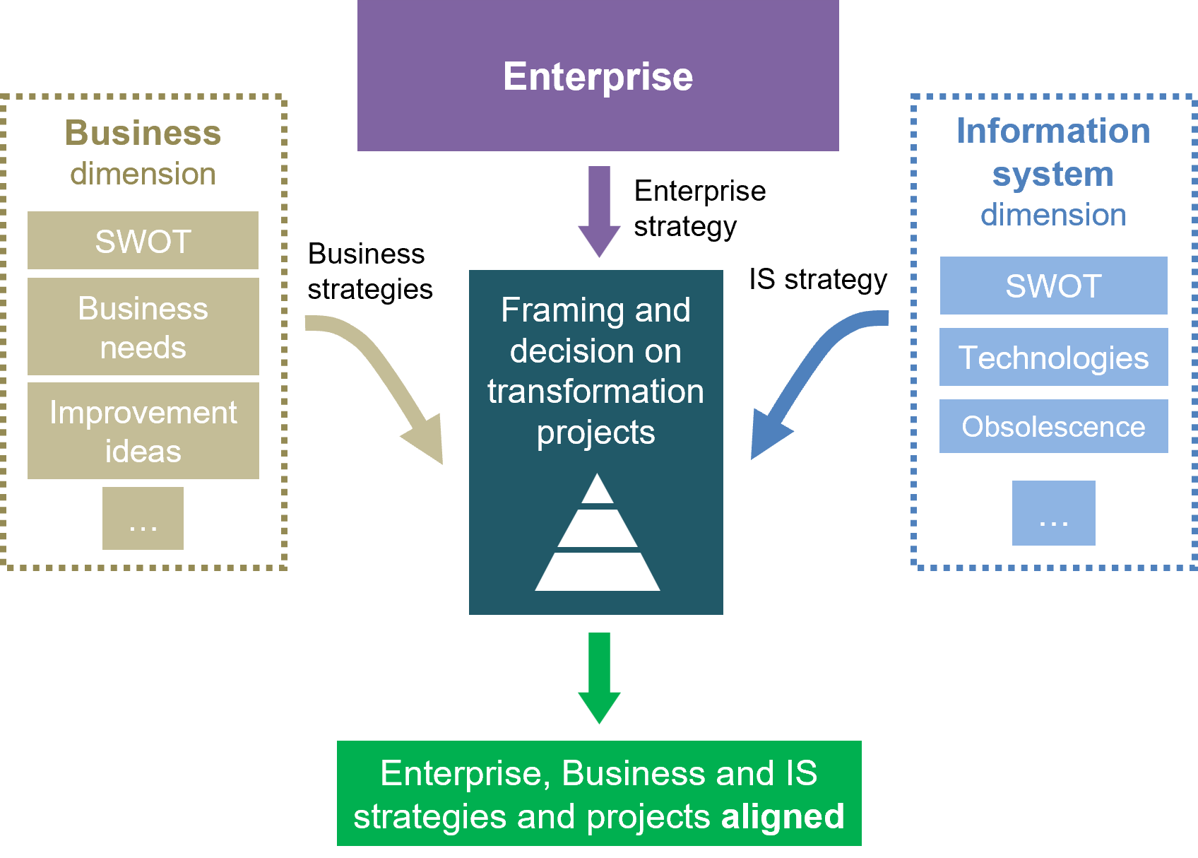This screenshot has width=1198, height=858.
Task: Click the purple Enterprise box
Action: tap(598, 76)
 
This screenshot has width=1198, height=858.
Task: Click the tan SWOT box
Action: tap(143, 241)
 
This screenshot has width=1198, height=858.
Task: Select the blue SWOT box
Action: tap(1053, 286)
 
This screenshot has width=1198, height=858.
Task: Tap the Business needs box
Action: tap(143, 327)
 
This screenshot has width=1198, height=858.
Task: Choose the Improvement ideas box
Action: tap(143, 431)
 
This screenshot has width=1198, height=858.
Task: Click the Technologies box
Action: tap(1053, 357)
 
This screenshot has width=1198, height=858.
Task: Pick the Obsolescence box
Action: tap(1053, 426)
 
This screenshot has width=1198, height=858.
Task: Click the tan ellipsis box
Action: tap(143, 518)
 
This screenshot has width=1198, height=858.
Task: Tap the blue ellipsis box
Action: tap(1053, 513)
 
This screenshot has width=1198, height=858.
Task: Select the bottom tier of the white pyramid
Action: tap(598, 572)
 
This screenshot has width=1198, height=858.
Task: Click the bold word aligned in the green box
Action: tap(782, 816)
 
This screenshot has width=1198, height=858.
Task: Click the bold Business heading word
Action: tap(143, 133)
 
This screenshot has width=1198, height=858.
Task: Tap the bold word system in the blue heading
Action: tap(1052, 174)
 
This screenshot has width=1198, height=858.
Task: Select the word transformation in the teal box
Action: tap(595, 392)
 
